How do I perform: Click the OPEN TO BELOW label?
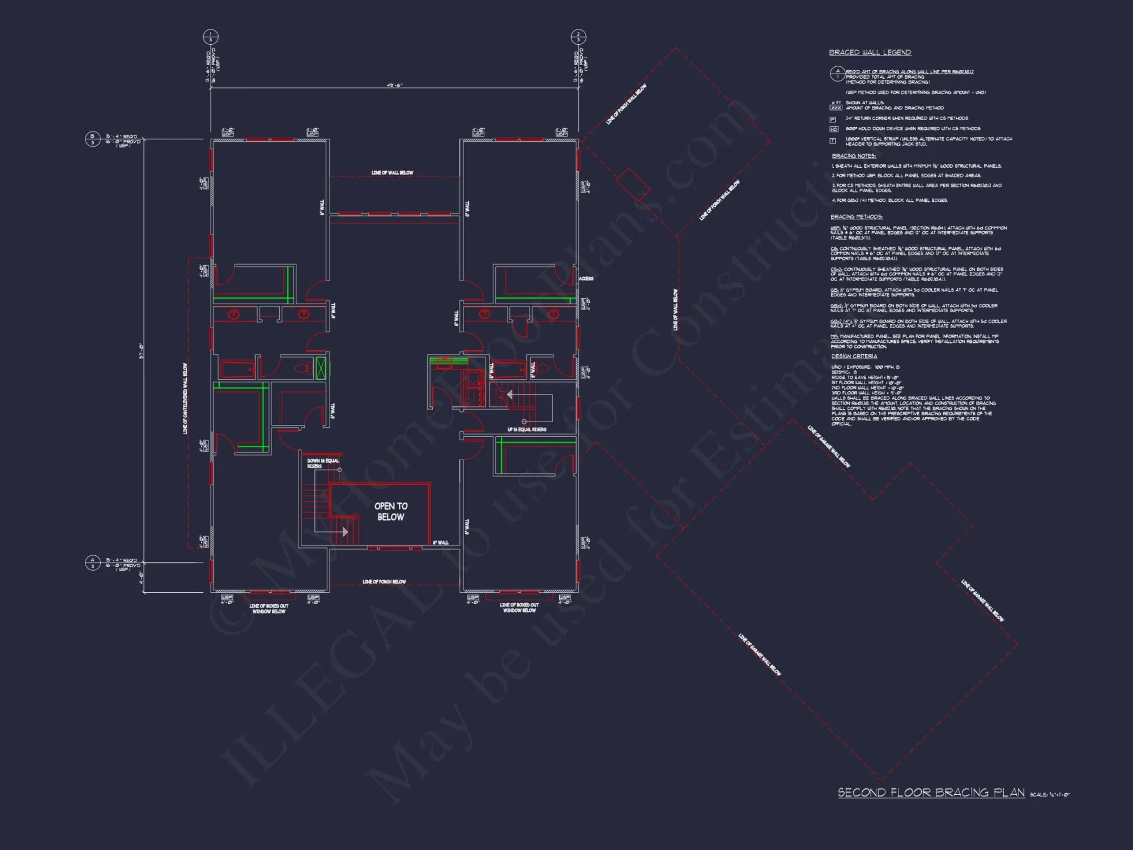click(x=390, y=511)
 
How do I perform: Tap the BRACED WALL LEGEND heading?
click(x=870, y=53)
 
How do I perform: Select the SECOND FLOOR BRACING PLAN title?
click(x=931, y=793)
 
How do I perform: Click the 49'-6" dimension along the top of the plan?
click(x=394, y=86)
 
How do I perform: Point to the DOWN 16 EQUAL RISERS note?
click(x=322, y=463)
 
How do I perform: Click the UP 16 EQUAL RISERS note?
click(x=527, y=430)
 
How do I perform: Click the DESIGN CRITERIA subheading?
click(x=854, y=356)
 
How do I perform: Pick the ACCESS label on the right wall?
click(x=586, y=279)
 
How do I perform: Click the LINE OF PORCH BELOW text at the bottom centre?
click(x=384, y=582)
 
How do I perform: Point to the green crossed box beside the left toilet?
click(x=321, y=368)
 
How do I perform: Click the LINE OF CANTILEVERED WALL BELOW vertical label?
click(x=185, y=399)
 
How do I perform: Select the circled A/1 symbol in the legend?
click(x=837, y=74)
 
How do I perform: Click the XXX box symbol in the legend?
click(x=836, y=108)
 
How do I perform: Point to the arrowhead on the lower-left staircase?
click(x=345, y=532)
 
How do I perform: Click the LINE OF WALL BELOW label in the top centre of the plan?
click(x=392, y=173)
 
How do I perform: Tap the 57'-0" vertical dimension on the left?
click(x=141, y=351)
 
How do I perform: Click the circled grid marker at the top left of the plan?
click(x=210, y=37)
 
